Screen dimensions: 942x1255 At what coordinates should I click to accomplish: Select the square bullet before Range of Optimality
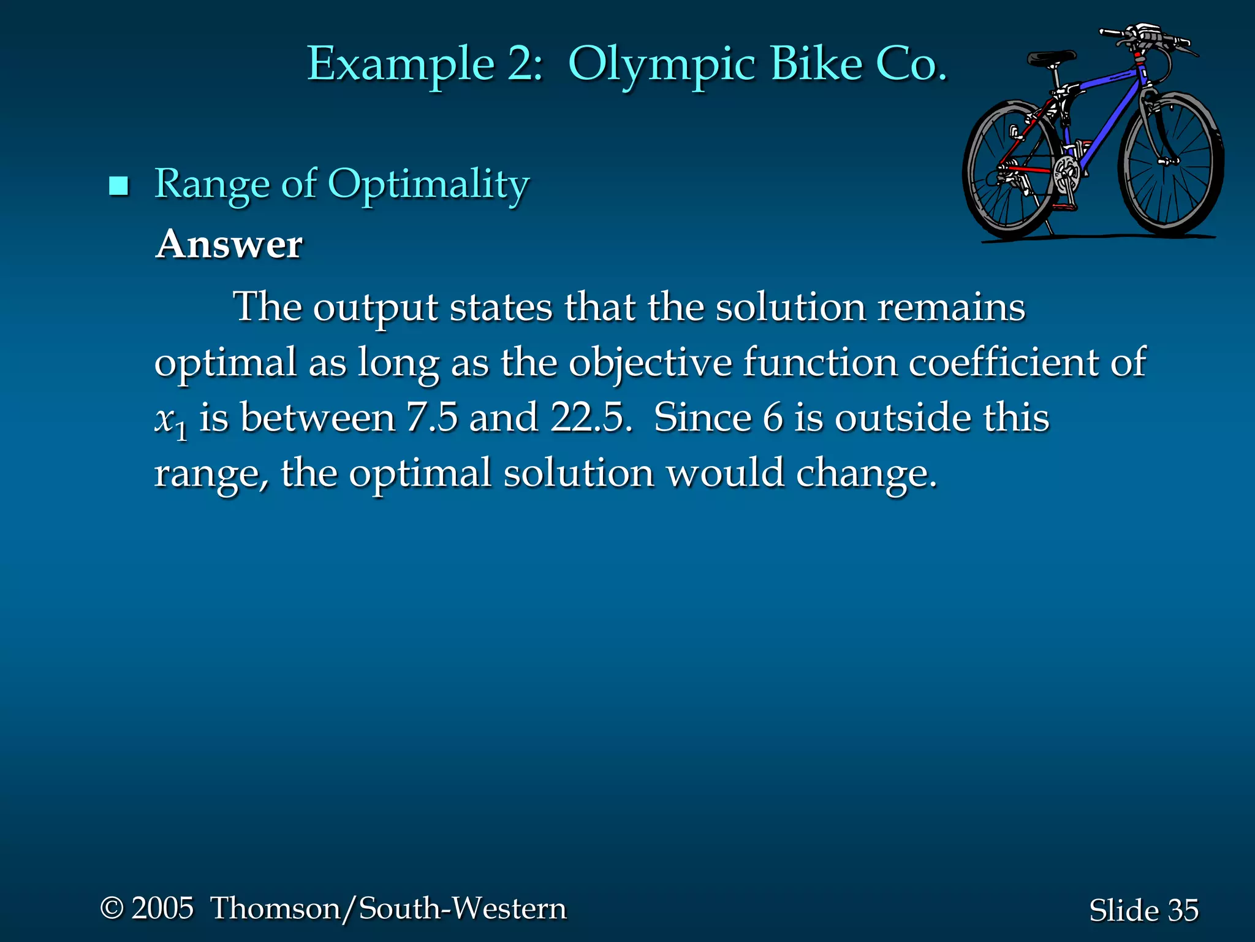118,185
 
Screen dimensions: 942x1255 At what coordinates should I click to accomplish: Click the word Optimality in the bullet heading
428,185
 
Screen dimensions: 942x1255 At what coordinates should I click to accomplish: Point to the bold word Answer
229,245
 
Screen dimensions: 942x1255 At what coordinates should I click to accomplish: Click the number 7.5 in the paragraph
432,418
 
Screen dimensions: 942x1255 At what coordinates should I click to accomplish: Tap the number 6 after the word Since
773,418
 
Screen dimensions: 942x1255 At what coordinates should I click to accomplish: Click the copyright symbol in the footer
112,908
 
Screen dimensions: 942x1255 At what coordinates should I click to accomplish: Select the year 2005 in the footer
162,908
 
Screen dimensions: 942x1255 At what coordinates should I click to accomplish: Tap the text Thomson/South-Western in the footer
389,908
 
